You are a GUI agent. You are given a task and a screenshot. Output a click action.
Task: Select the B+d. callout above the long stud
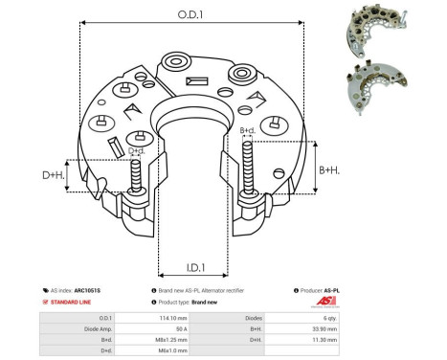(x=246, y=130)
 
